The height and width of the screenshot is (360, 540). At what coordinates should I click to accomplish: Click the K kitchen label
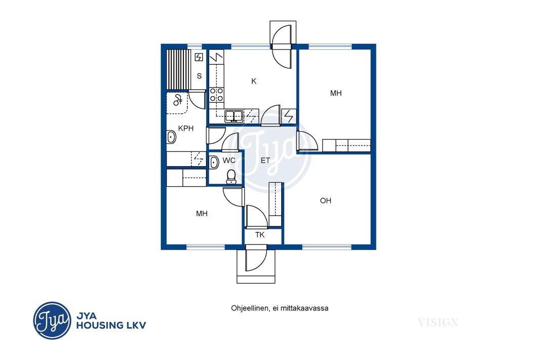click(x=254, y=81)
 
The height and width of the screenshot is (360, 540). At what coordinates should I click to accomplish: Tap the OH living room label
click(x=325, y=201)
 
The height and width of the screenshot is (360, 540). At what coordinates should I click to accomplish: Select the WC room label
click(x=229, y=161)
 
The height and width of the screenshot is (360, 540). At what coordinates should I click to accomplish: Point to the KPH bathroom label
click(x=185, y=129)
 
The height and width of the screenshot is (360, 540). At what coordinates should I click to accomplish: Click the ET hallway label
click(x=265, y=161)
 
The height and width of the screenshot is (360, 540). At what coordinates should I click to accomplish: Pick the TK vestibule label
click(x=260, y=235)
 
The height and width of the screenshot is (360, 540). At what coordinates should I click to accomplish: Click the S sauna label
click(x=199, y=76)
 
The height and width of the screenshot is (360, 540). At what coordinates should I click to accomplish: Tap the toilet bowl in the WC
click(x=231, y=177)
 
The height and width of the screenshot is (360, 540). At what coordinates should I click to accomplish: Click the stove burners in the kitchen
click(x=216, y=95)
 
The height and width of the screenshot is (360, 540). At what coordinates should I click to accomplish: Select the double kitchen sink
click(x=234, y=116)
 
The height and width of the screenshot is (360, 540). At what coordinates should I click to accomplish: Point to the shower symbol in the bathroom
click(x=178, y=100)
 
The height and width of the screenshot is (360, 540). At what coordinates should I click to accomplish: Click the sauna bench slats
click(x=178, y=69)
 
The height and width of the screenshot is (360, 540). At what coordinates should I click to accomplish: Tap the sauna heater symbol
click(x=199, y=57)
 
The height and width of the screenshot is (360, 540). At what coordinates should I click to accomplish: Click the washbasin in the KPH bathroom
click(x=171, y=137)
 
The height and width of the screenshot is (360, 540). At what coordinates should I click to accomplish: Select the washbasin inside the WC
click(x=214, y=162)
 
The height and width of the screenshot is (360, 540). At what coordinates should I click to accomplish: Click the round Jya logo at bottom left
click(x=52, y=321)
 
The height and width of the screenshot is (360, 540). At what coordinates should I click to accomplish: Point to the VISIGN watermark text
click(x=438, y=323)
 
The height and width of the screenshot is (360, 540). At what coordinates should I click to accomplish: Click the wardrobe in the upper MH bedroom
click(x=346, y=145)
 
